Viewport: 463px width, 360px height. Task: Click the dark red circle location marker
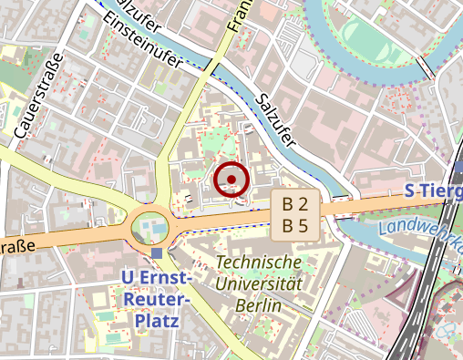[x=231, y=179]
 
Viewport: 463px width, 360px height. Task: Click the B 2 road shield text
[x=294, y=203]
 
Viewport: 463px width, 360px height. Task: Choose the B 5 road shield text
[x=294, y=224]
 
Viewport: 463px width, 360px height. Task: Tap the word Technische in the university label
[x=259, y=262]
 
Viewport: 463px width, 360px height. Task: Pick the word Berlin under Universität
[x=257, y=304]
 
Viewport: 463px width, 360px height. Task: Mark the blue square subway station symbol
[x=158, y=252]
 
